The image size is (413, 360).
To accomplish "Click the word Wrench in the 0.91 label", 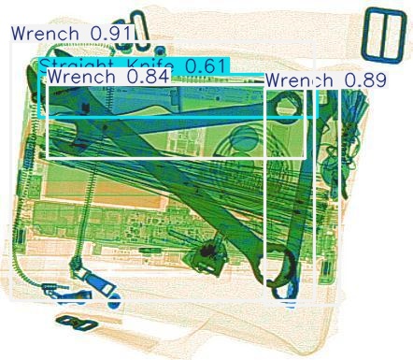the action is click(x=48, y=34).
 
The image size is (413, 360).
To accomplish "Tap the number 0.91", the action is click(x=110, y=34).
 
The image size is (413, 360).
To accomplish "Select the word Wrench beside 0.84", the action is click(x=83, y=77).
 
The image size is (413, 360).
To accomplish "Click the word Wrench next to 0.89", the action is click(x=300, y=80).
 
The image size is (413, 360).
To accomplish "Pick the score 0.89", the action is click(x=364, y=80).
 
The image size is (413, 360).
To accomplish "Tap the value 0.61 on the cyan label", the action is click(x=201, y=65).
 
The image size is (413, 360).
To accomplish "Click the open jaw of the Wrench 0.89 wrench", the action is click(x=286, y=107).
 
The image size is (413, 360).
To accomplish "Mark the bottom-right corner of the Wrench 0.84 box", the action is click(x=306, y=158).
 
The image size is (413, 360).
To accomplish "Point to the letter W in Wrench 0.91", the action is click(x=19, y=34).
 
